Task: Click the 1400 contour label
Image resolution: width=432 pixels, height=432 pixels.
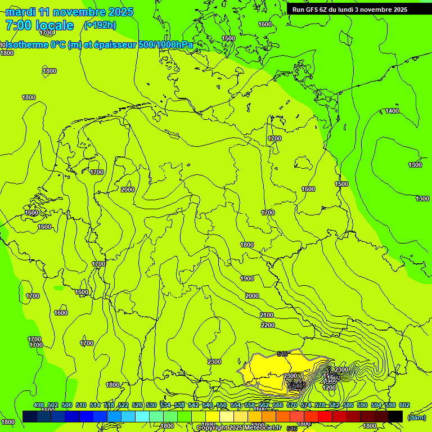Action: pos(392,111)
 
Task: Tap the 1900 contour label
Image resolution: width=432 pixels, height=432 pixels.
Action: pos(247,278)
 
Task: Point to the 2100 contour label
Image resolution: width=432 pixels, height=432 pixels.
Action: pos(267,315)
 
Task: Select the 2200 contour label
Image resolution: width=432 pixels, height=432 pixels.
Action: pos(268,325)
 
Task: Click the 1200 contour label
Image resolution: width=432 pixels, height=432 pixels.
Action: pos(330,388)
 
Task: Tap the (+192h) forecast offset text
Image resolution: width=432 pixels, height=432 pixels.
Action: pos(100,25)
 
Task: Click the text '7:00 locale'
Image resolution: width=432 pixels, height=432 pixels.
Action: pos(39,25)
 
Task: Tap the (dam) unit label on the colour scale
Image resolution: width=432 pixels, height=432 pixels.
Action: pos(416,417)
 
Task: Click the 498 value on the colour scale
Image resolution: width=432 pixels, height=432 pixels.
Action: pos(39,405)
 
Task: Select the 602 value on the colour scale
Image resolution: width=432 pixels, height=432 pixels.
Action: pos(404,405)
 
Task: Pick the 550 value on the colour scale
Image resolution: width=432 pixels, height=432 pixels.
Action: pos(222,405)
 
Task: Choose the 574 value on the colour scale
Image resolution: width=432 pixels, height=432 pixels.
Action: pos(306,405)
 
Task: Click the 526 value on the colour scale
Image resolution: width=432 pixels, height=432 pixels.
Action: pos(137,405)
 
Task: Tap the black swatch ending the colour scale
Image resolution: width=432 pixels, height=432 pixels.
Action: pos(395,416)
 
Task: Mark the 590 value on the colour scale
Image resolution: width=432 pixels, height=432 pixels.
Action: pos(362,405)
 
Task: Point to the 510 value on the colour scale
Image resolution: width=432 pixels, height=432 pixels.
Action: pos(81,405)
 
